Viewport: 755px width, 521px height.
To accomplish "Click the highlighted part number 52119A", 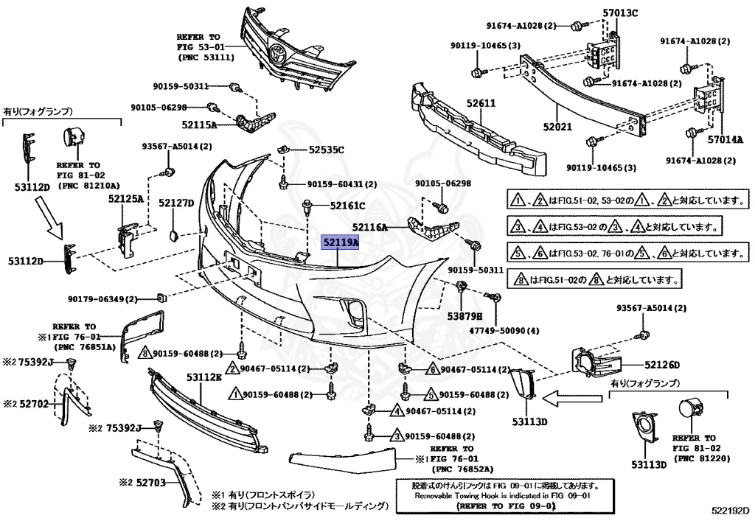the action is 341,243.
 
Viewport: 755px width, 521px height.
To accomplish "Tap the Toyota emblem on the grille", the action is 278,52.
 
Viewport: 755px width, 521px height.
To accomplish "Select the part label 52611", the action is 481,103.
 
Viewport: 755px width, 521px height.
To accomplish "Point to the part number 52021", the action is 557,127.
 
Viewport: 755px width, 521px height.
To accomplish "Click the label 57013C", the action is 620,13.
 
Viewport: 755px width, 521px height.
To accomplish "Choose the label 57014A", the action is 726,140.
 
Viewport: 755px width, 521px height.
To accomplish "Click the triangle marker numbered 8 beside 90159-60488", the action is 147,354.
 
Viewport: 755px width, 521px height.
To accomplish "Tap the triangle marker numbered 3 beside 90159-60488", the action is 397,436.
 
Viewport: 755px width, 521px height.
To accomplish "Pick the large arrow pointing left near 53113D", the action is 572,398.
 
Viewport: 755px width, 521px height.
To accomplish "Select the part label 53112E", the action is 204,377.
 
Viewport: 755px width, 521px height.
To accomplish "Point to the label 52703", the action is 150,482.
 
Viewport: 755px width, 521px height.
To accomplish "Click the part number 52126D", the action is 661,365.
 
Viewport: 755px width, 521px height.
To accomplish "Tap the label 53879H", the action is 465,316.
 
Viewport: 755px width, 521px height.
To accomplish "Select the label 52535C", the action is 327,150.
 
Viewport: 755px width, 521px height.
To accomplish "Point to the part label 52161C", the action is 348,206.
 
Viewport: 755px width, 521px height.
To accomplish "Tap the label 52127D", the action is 176,203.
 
